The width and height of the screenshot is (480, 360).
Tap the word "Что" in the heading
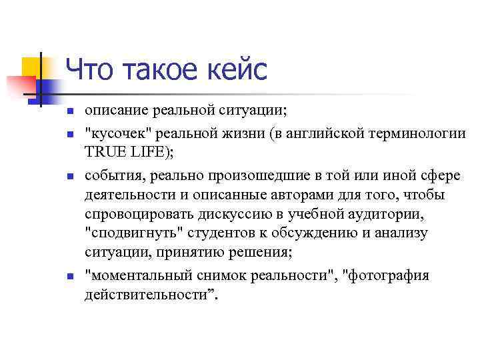point(89,69)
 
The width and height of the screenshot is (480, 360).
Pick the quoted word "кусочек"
point(115,132)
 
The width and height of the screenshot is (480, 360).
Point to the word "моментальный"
point(141,275)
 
